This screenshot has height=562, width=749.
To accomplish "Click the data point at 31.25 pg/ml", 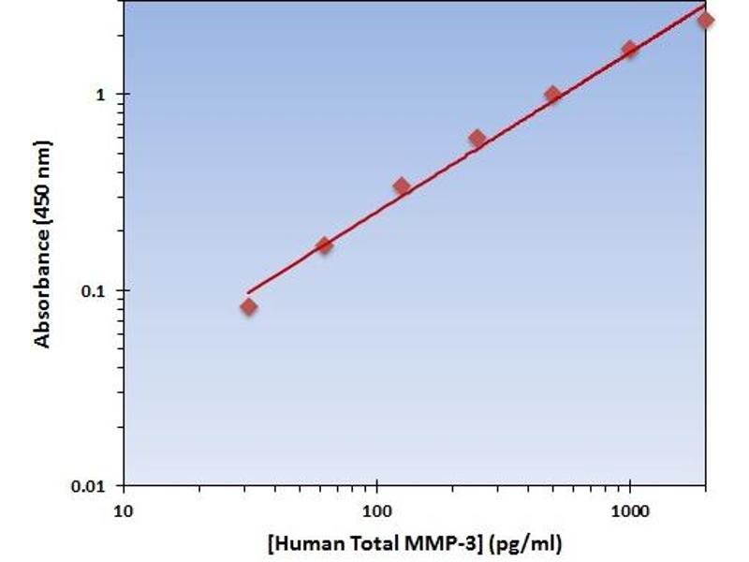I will [248, 306].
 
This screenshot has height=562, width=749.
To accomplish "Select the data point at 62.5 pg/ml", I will [324, 245].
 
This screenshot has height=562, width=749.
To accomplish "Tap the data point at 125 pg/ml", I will [402, 186].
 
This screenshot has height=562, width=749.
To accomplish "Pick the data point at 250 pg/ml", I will [477, 139].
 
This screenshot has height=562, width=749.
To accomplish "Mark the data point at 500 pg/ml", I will [552, 94].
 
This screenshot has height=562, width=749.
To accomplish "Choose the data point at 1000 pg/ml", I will [630, 49].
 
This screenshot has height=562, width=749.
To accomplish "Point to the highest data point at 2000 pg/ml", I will [705, 20].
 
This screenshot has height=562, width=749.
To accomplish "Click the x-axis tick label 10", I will [123, 512].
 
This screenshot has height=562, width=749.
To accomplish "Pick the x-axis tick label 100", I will [376, 512].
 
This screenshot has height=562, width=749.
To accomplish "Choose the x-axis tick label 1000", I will [630, 512].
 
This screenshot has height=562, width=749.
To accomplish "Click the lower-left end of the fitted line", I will [248, 292].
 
